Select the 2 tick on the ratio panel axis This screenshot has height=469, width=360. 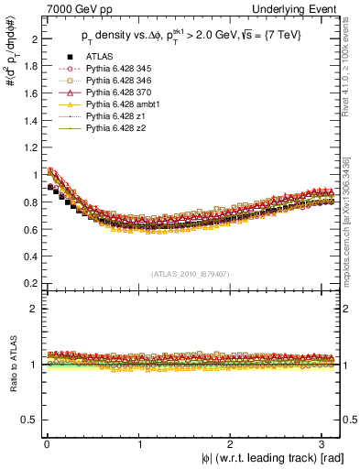(33, 309)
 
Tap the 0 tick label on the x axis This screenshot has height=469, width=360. (47, 443)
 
